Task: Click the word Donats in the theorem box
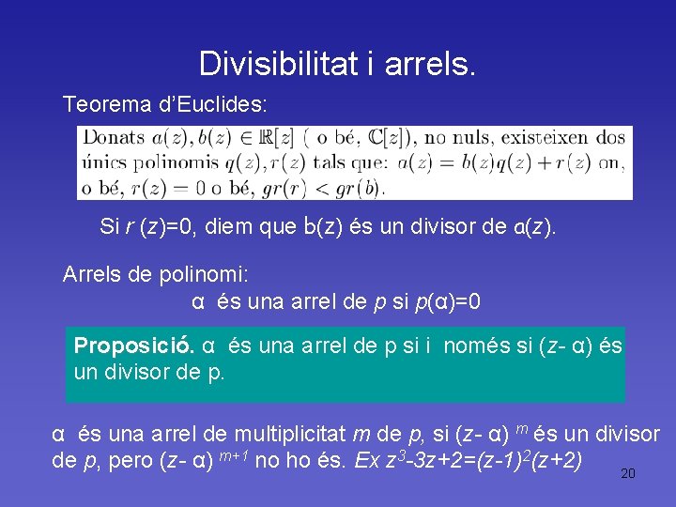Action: pos(114,138)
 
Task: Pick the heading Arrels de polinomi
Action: pos(155,275)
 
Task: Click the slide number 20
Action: pos(628,474)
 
